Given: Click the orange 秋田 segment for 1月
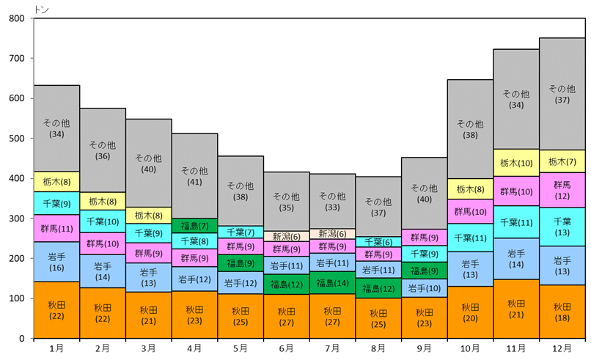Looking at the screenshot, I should pos(56,309).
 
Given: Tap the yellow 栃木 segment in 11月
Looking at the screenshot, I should pos(516,162).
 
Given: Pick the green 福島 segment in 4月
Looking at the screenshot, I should pos(194,226).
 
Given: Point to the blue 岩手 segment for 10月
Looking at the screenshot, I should pos(470,269).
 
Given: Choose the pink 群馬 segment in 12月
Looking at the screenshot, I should pos(562,190).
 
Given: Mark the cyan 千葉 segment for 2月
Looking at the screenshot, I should pos(103,221).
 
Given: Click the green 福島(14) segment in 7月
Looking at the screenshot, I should pos(332,283).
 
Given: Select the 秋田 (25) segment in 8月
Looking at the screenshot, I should pos(378,318).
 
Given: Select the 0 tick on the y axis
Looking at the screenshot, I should pos(22,339).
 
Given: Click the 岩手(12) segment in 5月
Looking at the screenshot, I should pos(241,283).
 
